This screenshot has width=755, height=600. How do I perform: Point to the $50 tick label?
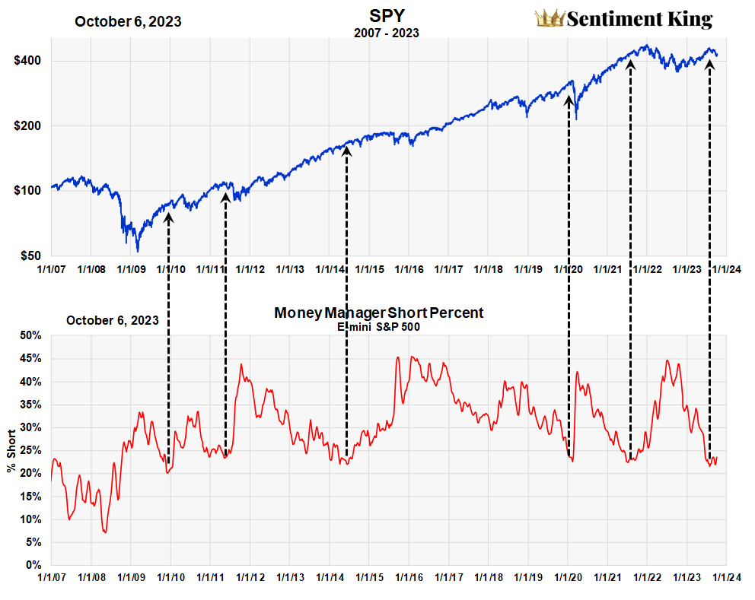[x=31, y=256]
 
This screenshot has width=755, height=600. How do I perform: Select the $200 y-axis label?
[x=28, y=125]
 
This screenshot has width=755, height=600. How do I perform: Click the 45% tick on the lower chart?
[x=30, y=358]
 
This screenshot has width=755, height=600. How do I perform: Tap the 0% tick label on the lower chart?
[x=33, y=565]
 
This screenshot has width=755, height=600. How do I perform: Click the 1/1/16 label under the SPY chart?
[x=409, y=269]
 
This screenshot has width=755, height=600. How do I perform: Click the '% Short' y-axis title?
[x=11, y=451]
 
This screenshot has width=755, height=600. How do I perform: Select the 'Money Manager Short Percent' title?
[x=378, y=313]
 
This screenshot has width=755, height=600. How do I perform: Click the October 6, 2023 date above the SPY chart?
[x=128, y=21]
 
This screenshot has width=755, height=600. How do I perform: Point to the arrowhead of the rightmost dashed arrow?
[x=710, y=65]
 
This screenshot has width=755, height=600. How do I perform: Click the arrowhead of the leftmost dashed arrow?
[x=168, y=217]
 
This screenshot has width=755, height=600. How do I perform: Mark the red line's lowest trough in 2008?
[x=104, y=532]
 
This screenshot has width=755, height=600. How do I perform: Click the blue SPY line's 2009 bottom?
[x=138, y=250]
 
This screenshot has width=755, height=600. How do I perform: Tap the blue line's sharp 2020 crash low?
[x=576, y=119]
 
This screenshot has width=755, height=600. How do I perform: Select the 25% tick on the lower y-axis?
[x=30, y=450]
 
